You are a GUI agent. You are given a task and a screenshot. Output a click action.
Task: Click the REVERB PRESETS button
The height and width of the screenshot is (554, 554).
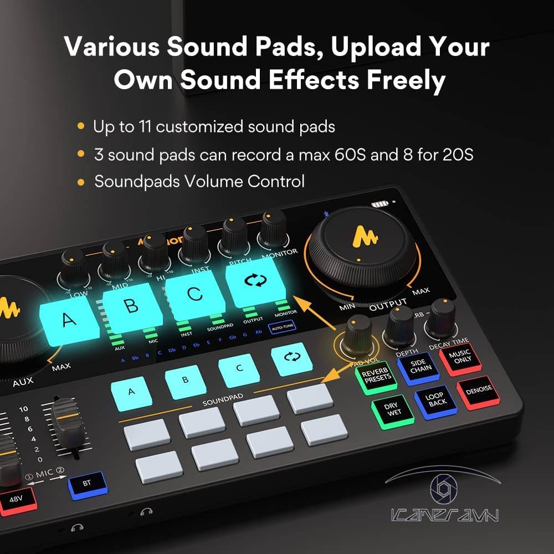[x=376, y=376]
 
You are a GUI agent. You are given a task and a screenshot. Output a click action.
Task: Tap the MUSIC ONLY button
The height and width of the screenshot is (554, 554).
[x=459, y=356]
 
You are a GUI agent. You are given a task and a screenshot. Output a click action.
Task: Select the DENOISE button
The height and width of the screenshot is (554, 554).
[x=479, y=389]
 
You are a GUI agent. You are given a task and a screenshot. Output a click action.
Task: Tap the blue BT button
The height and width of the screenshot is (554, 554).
[x=87, y=484]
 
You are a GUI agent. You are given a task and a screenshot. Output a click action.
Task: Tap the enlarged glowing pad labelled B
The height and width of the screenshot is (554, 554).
[x=131, y=305]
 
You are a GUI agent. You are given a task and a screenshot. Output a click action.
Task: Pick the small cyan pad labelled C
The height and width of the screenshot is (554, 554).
[x=239, y=370]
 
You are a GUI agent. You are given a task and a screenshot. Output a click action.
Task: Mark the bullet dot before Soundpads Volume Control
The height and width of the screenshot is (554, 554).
[x=81, y=182]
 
